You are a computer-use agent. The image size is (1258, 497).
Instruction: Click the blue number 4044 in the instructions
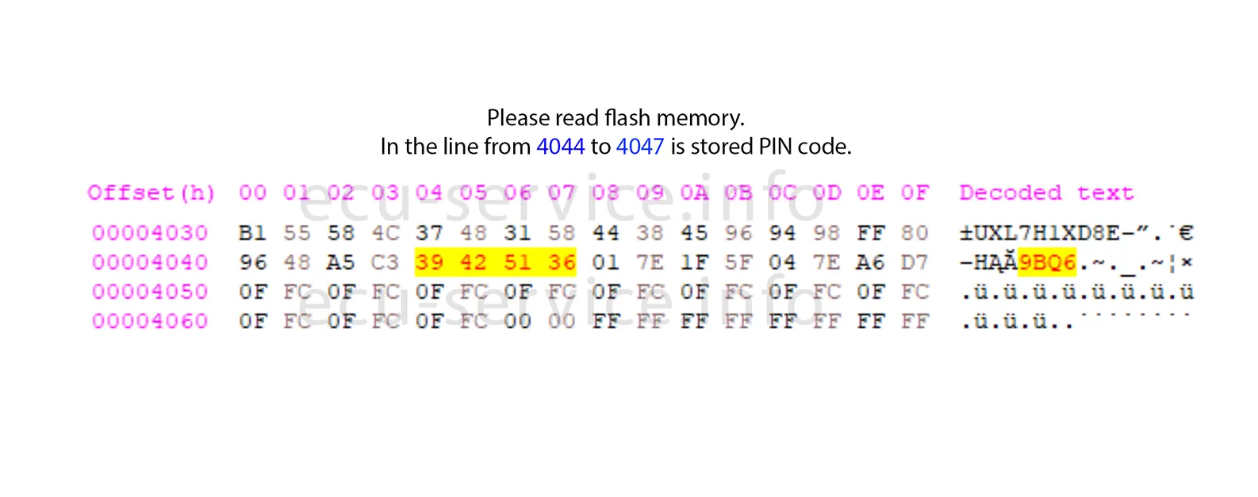point(560,147)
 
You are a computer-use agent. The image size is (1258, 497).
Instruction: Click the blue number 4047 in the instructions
point(639,147)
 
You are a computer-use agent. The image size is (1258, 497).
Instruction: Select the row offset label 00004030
point(150,233)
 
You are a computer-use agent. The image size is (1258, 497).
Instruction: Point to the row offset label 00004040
point(150,262)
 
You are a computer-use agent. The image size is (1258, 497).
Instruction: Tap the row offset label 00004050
point(150,292)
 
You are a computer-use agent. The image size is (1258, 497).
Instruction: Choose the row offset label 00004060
point(150,321)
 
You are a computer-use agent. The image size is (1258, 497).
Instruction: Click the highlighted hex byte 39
point(429,262)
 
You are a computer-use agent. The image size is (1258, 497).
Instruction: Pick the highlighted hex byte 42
point(474,262)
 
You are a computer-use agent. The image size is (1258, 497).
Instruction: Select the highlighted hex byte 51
point(517,262)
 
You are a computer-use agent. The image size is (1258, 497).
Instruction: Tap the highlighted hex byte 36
point(562,262)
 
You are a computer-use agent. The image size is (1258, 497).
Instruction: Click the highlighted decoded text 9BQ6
point(1047,262)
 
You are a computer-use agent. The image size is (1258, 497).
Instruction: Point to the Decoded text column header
point(1046,193)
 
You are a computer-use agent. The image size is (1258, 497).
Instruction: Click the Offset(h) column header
point(151,193)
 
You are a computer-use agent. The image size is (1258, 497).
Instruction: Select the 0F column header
point(915,193)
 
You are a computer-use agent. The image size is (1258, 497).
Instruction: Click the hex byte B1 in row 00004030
point(252,233)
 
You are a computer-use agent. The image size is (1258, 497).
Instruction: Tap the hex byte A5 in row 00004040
point(341,262)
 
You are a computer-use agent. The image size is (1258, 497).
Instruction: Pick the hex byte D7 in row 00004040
point(915,262)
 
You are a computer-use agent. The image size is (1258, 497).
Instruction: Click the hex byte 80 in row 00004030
point(915,233)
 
